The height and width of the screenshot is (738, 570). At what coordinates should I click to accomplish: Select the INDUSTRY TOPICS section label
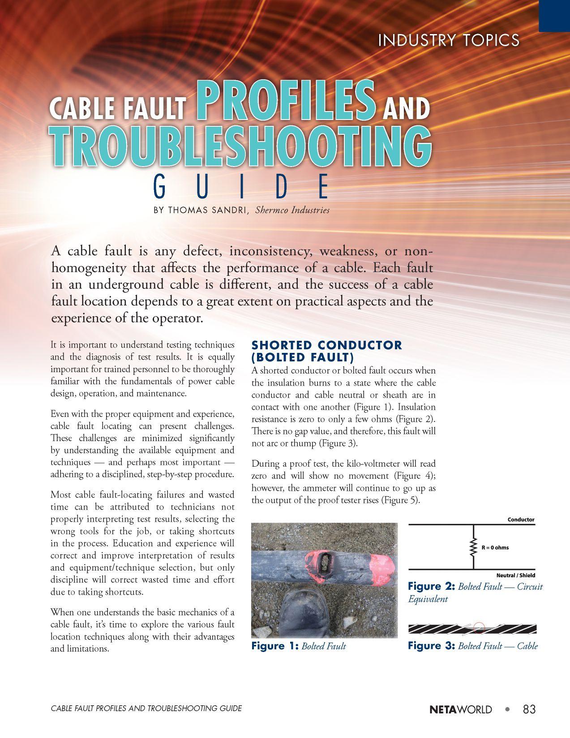448,41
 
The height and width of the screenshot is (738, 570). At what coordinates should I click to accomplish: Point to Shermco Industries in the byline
292,210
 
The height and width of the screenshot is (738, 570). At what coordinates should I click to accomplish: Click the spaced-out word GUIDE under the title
241,187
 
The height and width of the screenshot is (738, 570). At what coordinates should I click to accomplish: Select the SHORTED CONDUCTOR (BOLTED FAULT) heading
326,351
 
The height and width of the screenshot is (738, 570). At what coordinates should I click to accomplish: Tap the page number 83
529,709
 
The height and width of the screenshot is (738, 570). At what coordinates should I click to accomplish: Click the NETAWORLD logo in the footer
460,710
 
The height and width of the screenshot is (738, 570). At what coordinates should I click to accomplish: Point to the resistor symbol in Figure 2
473,547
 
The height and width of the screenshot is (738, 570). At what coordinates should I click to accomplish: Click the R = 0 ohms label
495,547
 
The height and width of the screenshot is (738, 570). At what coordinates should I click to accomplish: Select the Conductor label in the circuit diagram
521,520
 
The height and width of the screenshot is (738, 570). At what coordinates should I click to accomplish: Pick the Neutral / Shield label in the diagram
515,575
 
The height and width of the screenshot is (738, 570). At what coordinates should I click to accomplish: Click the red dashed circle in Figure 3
479,627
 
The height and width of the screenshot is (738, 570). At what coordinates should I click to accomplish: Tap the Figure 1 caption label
274,646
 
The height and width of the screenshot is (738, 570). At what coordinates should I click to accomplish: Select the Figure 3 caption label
431,646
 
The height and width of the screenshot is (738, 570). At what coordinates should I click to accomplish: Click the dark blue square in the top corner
554,15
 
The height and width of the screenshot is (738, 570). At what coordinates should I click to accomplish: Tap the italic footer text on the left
146,708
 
